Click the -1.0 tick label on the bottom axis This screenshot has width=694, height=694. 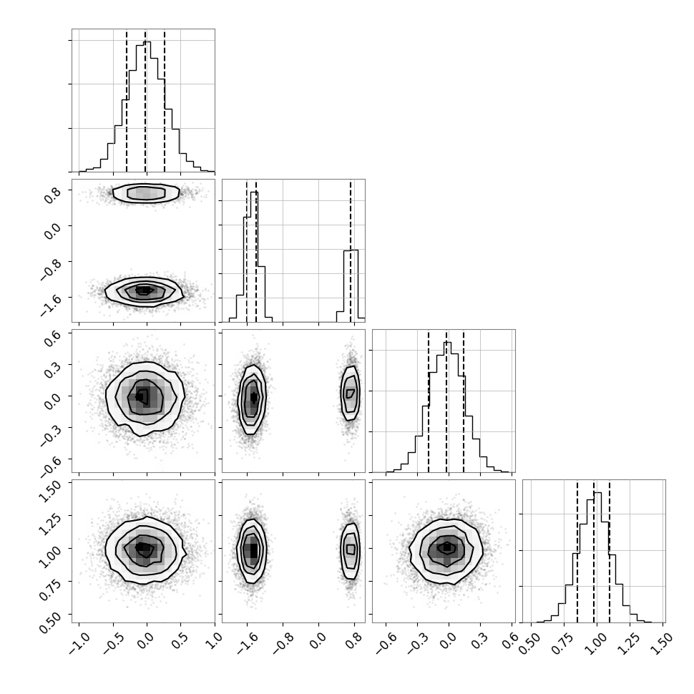[x=79, y=643]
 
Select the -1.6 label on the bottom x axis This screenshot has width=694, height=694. [x=248, y=643]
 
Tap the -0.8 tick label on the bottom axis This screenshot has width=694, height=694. [x=283, y=643]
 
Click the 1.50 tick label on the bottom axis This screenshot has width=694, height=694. [x=662, y=644]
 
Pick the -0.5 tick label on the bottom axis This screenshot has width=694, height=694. [x=113, y=643]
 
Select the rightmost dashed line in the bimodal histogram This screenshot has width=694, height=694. [x=351, y=250]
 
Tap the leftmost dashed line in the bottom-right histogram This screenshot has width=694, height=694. [x=577, y=551]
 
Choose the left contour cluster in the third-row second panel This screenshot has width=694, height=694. [x=251, y=400]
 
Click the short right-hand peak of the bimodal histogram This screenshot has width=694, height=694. [x=351, y=284]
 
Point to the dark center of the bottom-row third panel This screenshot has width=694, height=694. [x=446, y=547]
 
